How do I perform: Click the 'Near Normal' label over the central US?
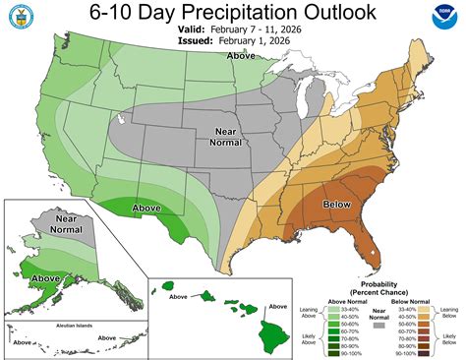226,136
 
